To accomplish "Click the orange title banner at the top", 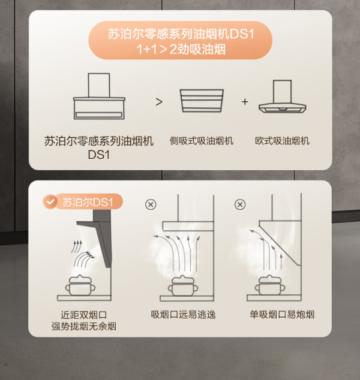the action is [x=180, y=40].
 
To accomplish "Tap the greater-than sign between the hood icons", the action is [x=159, y=102].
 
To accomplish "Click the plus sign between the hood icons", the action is [x=245, y=101].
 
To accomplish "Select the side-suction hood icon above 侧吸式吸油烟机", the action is [x=202, y=101].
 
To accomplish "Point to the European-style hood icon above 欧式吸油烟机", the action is [x=282, y=96].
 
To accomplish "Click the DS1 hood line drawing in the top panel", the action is [x=99, y=96].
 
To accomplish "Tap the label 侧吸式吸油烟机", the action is [x=202, y=141].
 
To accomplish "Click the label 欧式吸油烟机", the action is [x=282, y=141].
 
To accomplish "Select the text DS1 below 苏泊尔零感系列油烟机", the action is [x=99, y=155].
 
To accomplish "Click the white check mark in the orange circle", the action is [x=50, y=201].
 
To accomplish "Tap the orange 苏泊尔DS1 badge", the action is [x=83, y=201].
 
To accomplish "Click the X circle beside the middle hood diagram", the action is [x=151, y=204].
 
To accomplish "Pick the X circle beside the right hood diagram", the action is [x=240, y=204].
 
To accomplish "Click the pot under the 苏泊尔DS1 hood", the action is [x=80, y=285].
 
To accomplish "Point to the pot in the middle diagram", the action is [x=183, y=286].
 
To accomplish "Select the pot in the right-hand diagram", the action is [x=270, y=285].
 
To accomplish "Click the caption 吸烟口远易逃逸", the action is [x=183, y=315].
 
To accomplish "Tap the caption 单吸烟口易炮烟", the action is [x=282, y=315].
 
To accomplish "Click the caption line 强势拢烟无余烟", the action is [x=83, y=327].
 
